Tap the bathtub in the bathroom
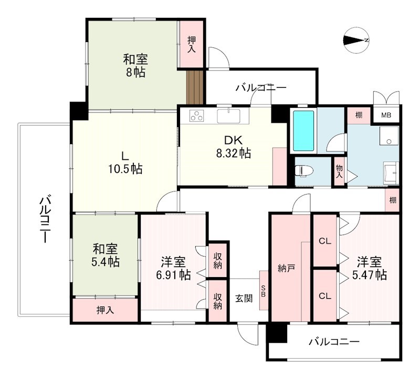(303, 130)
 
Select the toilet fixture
(303, 171)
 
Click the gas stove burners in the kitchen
(197, 116)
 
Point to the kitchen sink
(228, 116)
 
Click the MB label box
(386, 115)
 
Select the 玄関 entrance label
(244, 298)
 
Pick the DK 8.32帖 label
(230, 147)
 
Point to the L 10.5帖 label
(125, 162)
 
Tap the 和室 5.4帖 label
(106, 254)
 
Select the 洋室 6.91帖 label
(173, 268)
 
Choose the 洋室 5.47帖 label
(370, 268)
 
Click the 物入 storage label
(339, 171)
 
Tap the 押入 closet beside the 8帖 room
(191, 44)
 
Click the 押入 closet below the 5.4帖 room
(105, 310)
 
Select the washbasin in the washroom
(391, 172)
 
